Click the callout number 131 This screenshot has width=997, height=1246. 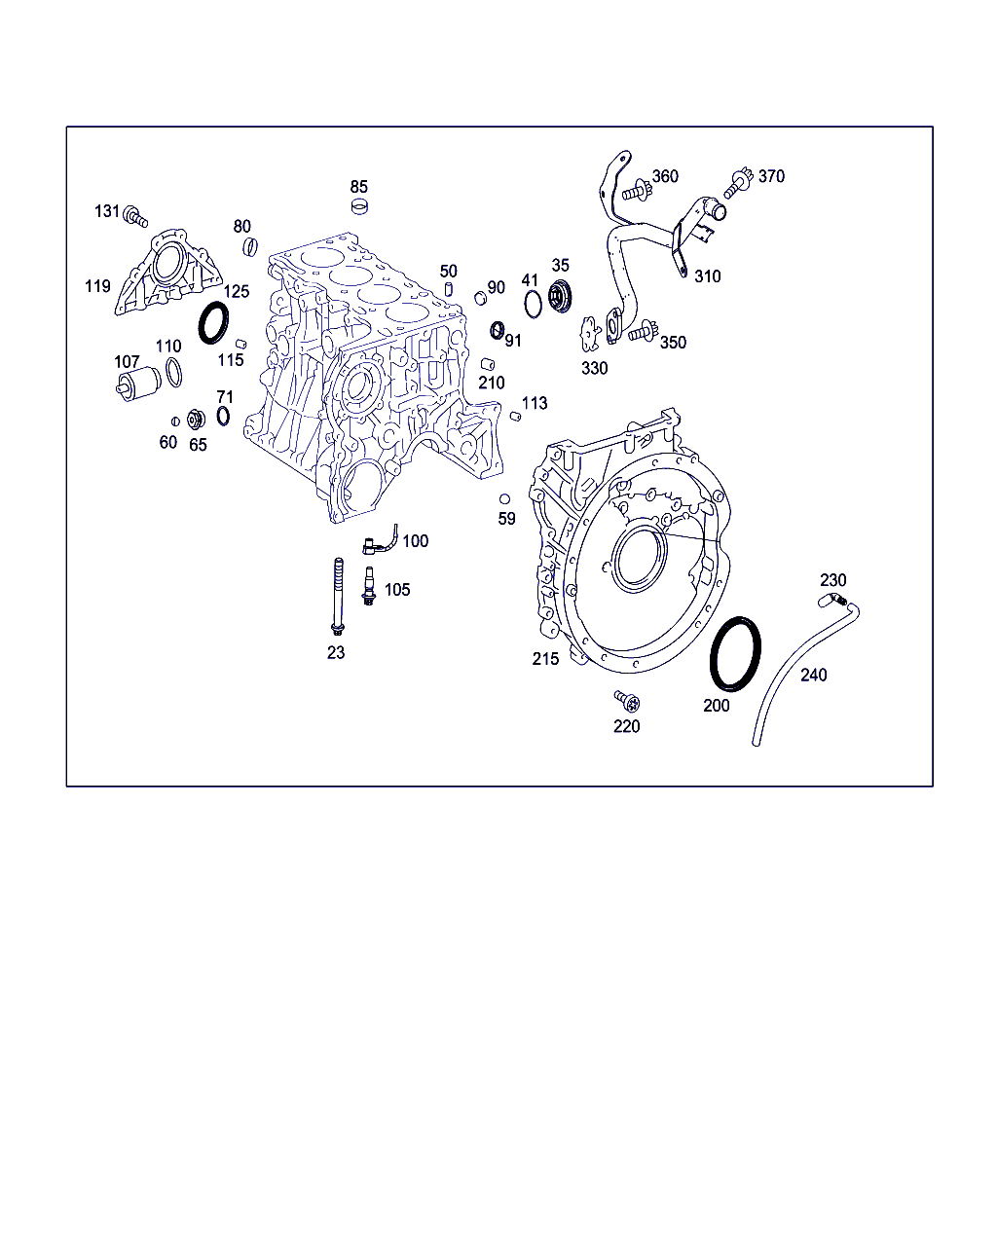(106, 211)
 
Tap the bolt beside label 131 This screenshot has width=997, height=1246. (135, 216)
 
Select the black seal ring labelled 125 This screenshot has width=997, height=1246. (213, 322)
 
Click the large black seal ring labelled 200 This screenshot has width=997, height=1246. (735, 654)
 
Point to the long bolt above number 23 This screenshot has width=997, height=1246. (338, 597)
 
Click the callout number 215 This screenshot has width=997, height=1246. (545, 659)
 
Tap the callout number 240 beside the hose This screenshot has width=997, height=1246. (813, 676)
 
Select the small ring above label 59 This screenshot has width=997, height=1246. (504, 499)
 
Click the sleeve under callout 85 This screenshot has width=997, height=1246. (359, 206)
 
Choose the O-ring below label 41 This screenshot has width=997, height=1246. (533, 304)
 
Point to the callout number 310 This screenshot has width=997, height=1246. (707, 276)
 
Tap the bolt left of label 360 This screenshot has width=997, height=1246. (636, 191)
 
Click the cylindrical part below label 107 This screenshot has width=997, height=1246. (139, 383)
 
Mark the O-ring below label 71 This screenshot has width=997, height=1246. (223, 416)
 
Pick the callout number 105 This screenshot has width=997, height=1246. (397, 590)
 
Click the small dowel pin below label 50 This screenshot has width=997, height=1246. (449, 289)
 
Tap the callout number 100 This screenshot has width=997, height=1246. (416, 541)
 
